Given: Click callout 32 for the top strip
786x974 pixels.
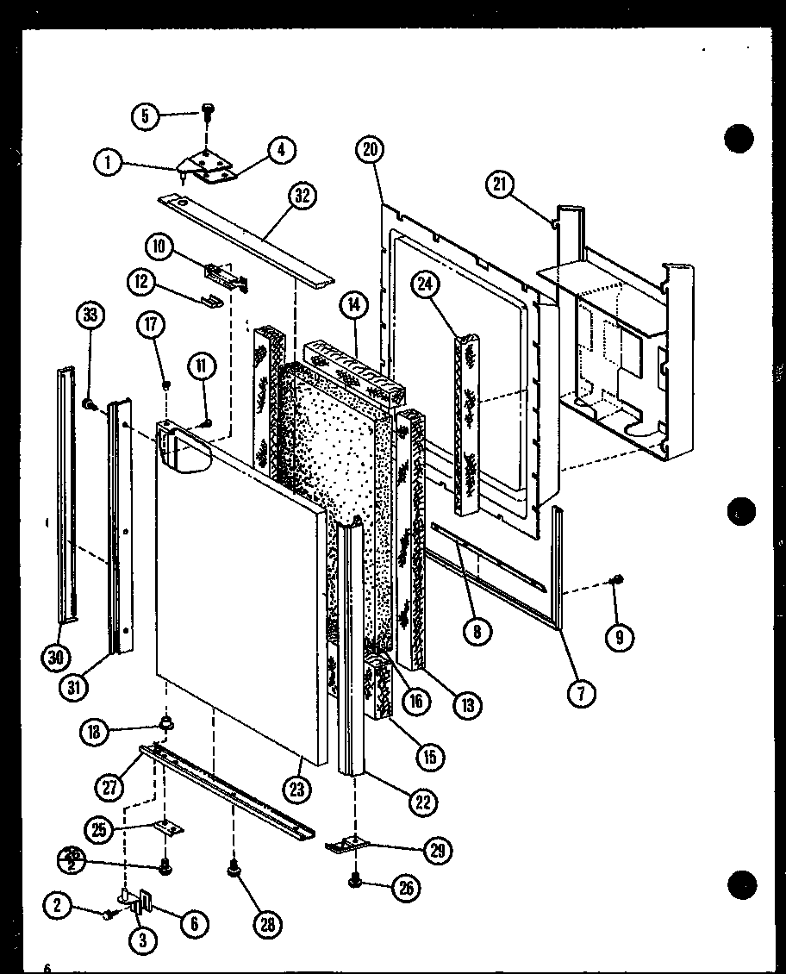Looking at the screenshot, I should (301, 196).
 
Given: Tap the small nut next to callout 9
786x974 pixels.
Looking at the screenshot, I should (617, 579).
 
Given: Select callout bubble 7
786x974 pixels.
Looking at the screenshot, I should (583, 693).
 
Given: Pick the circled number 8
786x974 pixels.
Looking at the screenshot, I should (476, 631).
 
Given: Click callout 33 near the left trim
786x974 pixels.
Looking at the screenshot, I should (89, 316).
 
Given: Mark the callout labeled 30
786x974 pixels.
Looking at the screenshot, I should (56, 658).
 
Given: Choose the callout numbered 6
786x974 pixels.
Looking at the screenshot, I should (194, 924).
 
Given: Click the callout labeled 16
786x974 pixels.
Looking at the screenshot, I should (415, 701).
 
